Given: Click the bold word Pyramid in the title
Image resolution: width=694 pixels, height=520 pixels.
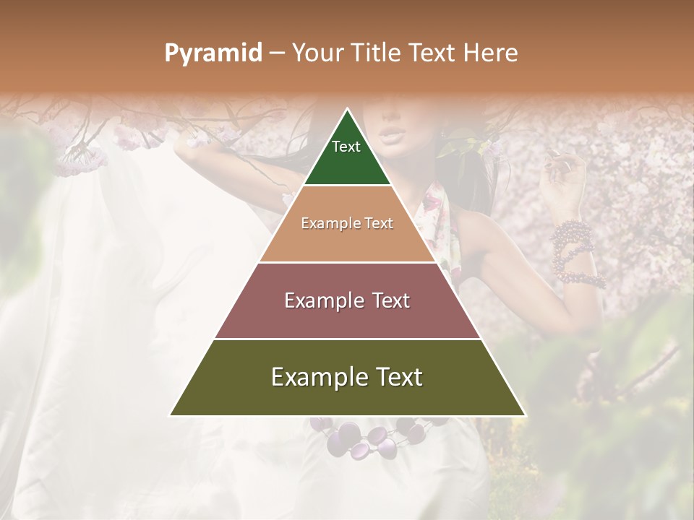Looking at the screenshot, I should point(213,53).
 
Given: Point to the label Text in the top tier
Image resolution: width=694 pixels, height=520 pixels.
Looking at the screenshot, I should point(346,147).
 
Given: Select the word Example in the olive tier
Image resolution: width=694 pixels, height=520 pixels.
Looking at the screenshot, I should point(315,377).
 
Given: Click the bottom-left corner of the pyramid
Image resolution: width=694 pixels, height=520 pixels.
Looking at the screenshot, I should point(170,415).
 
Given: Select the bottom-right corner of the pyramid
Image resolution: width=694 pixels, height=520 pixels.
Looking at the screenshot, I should point(526,415).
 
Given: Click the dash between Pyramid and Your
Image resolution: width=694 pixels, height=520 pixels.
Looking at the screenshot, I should point(277,53).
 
